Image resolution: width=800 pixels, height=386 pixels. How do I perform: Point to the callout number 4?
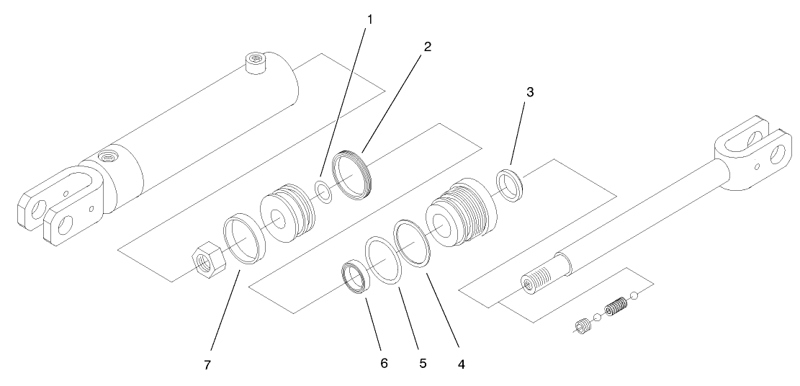point(461,364)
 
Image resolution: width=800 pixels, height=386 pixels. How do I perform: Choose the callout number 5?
point(423,363)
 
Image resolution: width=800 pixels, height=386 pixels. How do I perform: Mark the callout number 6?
point(384,363)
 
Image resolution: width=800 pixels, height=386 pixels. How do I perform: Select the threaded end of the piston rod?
point(535,281)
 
